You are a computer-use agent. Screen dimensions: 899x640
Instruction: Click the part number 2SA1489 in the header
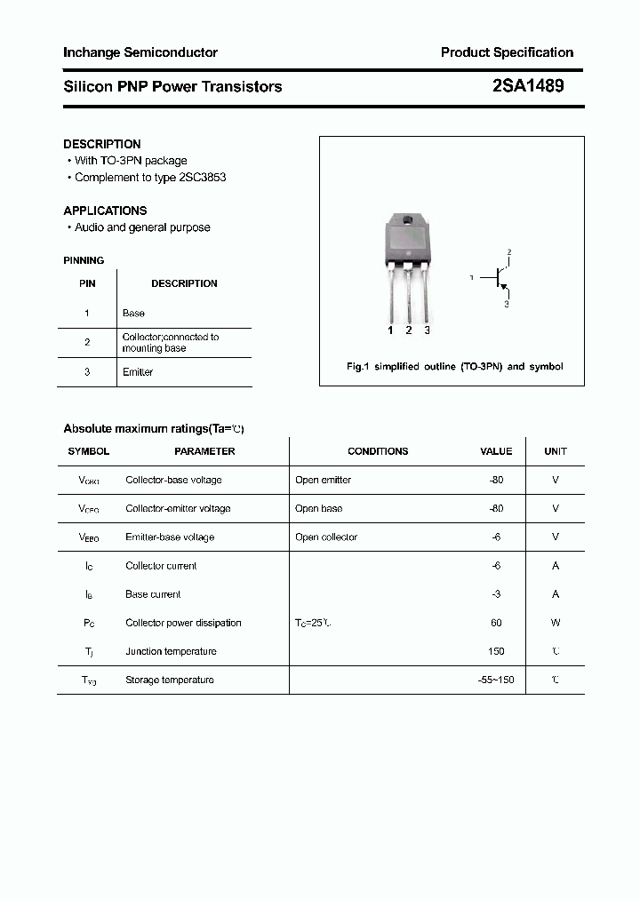(x=527, y=86)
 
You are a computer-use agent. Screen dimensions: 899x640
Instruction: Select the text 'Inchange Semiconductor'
(x=140, y=52)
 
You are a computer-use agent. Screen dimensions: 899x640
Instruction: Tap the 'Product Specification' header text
(x=507, y=52)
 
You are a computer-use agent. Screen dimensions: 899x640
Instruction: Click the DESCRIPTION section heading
(x=102, y=144)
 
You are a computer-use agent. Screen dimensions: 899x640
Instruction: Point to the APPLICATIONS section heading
(x=105, y=211)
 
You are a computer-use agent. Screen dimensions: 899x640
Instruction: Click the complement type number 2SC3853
(x=203, y=177)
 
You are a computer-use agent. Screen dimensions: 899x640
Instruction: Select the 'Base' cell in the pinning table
(x=133, y=313)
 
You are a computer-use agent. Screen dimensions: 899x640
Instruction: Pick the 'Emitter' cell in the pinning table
(x=138, y=372)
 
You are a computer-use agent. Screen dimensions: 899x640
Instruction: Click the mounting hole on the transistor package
(x=408, y=220)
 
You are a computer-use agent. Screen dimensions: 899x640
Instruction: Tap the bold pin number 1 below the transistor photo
(x=390, y=330)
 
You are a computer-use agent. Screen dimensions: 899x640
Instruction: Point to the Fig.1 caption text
(x=454, y=366)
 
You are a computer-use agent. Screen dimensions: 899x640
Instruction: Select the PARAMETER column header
(x=204, y=451)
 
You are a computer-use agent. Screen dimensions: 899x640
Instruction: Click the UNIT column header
(x=556, y=451)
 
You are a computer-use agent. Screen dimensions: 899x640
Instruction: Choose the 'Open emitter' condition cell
(x=324, y=480)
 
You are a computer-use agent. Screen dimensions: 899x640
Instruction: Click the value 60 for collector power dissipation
(x=496, y=623)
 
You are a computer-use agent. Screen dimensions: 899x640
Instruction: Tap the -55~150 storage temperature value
(x=495, y=680)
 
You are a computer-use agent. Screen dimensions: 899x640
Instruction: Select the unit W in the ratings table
(x=556, y=623)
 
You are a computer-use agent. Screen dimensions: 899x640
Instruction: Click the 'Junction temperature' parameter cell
(x=171, y=651)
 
